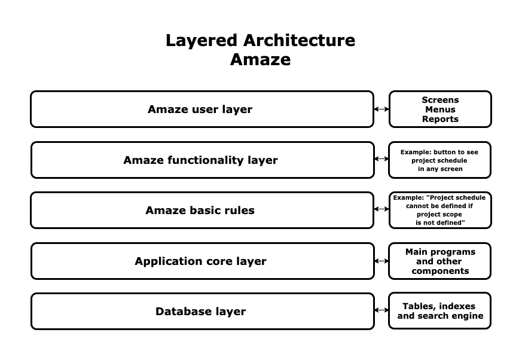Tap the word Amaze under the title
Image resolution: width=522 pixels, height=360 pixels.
click(x=260, y=60)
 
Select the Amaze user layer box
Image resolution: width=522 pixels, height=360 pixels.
click(x=202, y=109)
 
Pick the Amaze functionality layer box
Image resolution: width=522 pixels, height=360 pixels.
click(x=202, y=160)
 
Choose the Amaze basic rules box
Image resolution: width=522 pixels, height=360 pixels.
click(x=202, y=210)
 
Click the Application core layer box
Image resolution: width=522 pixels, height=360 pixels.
click(x=202, y=261)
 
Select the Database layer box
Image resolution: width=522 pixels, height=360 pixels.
click(x=202, y=312)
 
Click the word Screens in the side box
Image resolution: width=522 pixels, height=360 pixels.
click(x=440, y=100)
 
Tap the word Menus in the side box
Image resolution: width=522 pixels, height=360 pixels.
click(x=440, y=109)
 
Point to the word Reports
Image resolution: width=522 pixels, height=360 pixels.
click(x=440, y=119)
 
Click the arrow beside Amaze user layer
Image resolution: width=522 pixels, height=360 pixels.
click(x=381, y=109)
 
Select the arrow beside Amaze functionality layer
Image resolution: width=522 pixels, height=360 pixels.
click(x=381, y=159)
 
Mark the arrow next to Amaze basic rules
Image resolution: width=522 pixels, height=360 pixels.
click(x=381, y=209)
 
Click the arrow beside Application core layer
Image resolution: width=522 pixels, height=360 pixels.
click(x=381, y=261)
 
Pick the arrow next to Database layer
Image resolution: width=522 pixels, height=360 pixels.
click(x=381, y=310)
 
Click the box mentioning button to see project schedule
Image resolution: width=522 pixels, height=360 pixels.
click(x=439, y=160)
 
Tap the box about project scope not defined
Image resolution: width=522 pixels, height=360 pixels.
click(x=439, y=210)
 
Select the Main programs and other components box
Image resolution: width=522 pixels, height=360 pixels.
click(x=439, y=261)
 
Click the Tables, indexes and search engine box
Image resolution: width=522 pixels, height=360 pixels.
click(x=439, y=311)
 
